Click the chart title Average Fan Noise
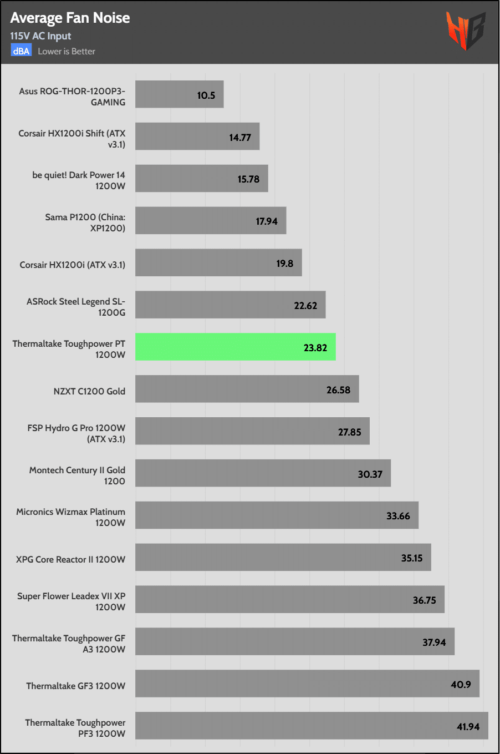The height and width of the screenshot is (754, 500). click(x=70, y=18)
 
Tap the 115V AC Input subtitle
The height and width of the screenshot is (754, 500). click(x=40, y=36)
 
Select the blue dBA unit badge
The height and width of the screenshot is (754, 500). click(x=21, y=51)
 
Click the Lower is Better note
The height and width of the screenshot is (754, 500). click(x=67, y=51)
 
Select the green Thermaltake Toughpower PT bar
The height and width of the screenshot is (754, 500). click(x=235, y=347)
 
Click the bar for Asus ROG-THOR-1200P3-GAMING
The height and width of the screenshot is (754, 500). click(x=179, y=94)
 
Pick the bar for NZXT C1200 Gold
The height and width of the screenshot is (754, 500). click(x=247, y=389)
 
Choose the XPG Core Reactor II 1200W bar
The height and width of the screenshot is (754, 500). click(x=283, y=557)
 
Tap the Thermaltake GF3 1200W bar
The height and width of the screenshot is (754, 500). click(x=307, y=684)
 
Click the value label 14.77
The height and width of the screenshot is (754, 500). click(x=240, y=138)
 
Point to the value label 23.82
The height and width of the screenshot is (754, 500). click(x=315, y=348)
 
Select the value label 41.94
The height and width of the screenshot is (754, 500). click(x=468, y=727)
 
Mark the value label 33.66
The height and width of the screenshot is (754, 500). click(x=398, y=516)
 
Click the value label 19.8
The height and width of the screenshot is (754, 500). click(x=285, y=264)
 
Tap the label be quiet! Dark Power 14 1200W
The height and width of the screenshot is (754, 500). click(x=79, y=180)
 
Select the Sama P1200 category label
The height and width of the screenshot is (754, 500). click(x=85, y=222)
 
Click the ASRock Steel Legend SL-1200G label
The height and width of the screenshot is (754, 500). click(x=76, y=307)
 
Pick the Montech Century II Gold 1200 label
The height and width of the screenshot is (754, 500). click(x=77, y=475)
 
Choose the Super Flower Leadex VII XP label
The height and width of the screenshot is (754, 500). click(x=72, y=601)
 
